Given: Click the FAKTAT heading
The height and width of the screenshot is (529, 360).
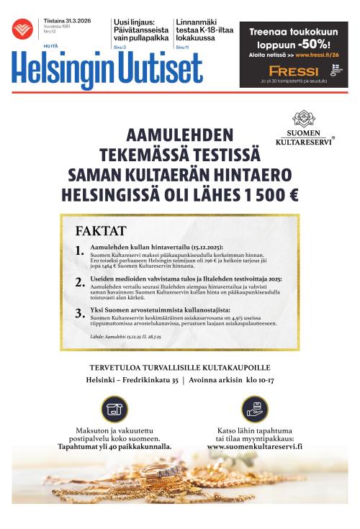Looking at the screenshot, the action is pos(100,231).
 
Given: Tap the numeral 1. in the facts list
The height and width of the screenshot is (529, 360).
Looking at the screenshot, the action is pos(79,250).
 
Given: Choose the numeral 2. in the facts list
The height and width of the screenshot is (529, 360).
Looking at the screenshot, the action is pos(79,282).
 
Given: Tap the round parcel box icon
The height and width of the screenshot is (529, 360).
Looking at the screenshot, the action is pos(114,409).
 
